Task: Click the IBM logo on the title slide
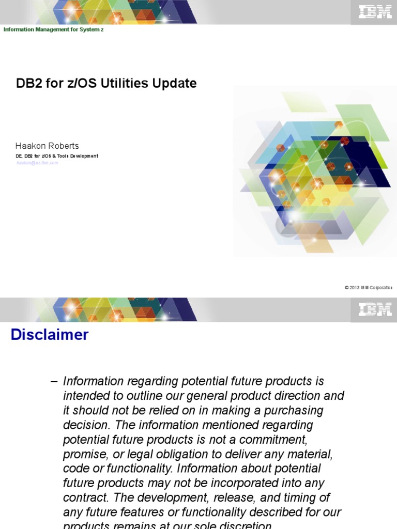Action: click(375, 11)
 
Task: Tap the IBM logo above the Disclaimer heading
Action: click(375, 309)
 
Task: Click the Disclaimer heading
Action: click(50, 335)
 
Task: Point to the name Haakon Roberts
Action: click(47, 146)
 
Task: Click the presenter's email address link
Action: click(37, 163)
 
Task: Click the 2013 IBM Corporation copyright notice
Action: click(368, 288)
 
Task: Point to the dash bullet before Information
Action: click(54, 381)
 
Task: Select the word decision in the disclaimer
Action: click(85, 425)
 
